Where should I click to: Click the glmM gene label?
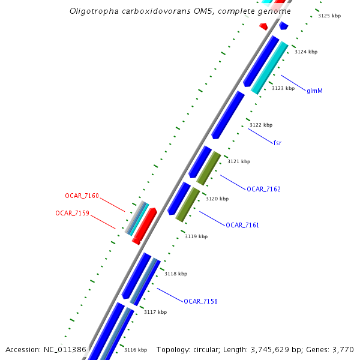(x=315, y=91)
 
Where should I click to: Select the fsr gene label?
(x=277, y=143)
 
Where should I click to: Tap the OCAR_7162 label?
(x=263, y=189)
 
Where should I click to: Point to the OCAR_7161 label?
(x=242, y=225)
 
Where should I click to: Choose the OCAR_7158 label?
(x=200, y=301)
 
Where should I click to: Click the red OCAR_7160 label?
(x=82, y=196)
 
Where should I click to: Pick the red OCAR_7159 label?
(x=72, y=213)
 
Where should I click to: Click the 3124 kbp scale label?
(x=305, y=52)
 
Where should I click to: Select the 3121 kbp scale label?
(x=239, y=161)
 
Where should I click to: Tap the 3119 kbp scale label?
(x=196, y=236)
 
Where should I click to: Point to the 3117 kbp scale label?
(x=155, y=312)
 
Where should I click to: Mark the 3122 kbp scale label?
(x=261, y=125)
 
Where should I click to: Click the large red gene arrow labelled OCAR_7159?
(x=145, y=225)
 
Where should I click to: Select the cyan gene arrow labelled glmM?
(x=270, y=67)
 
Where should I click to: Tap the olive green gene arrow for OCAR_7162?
(x=209, y=167)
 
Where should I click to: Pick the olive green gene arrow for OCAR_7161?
(x=188, y=204)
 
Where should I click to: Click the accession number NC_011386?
(x=66, y=349)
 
